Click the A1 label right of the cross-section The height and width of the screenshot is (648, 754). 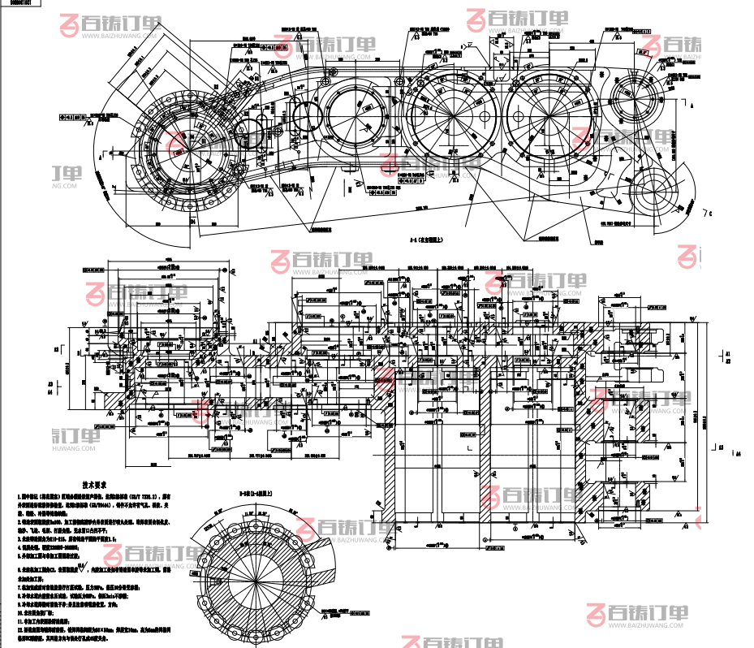728,353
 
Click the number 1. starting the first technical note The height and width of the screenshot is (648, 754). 19,495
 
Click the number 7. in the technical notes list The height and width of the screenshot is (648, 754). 19,591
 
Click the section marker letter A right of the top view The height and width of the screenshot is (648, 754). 692,106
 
